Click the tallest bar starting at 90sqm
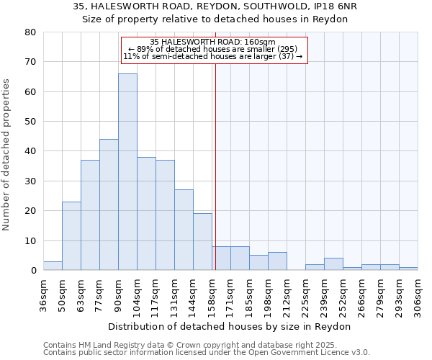point(127,171)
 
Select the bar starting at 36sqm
point(53,266)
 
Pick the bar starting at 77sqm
point(109,204)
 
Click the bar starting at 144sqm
point(202,242)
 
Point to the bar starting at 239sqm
point(333,264)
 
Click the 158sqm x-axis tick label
point(212,295)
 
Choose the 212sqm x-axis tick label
point(287,295)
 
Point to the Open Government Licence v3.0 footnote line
point(207,353)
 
